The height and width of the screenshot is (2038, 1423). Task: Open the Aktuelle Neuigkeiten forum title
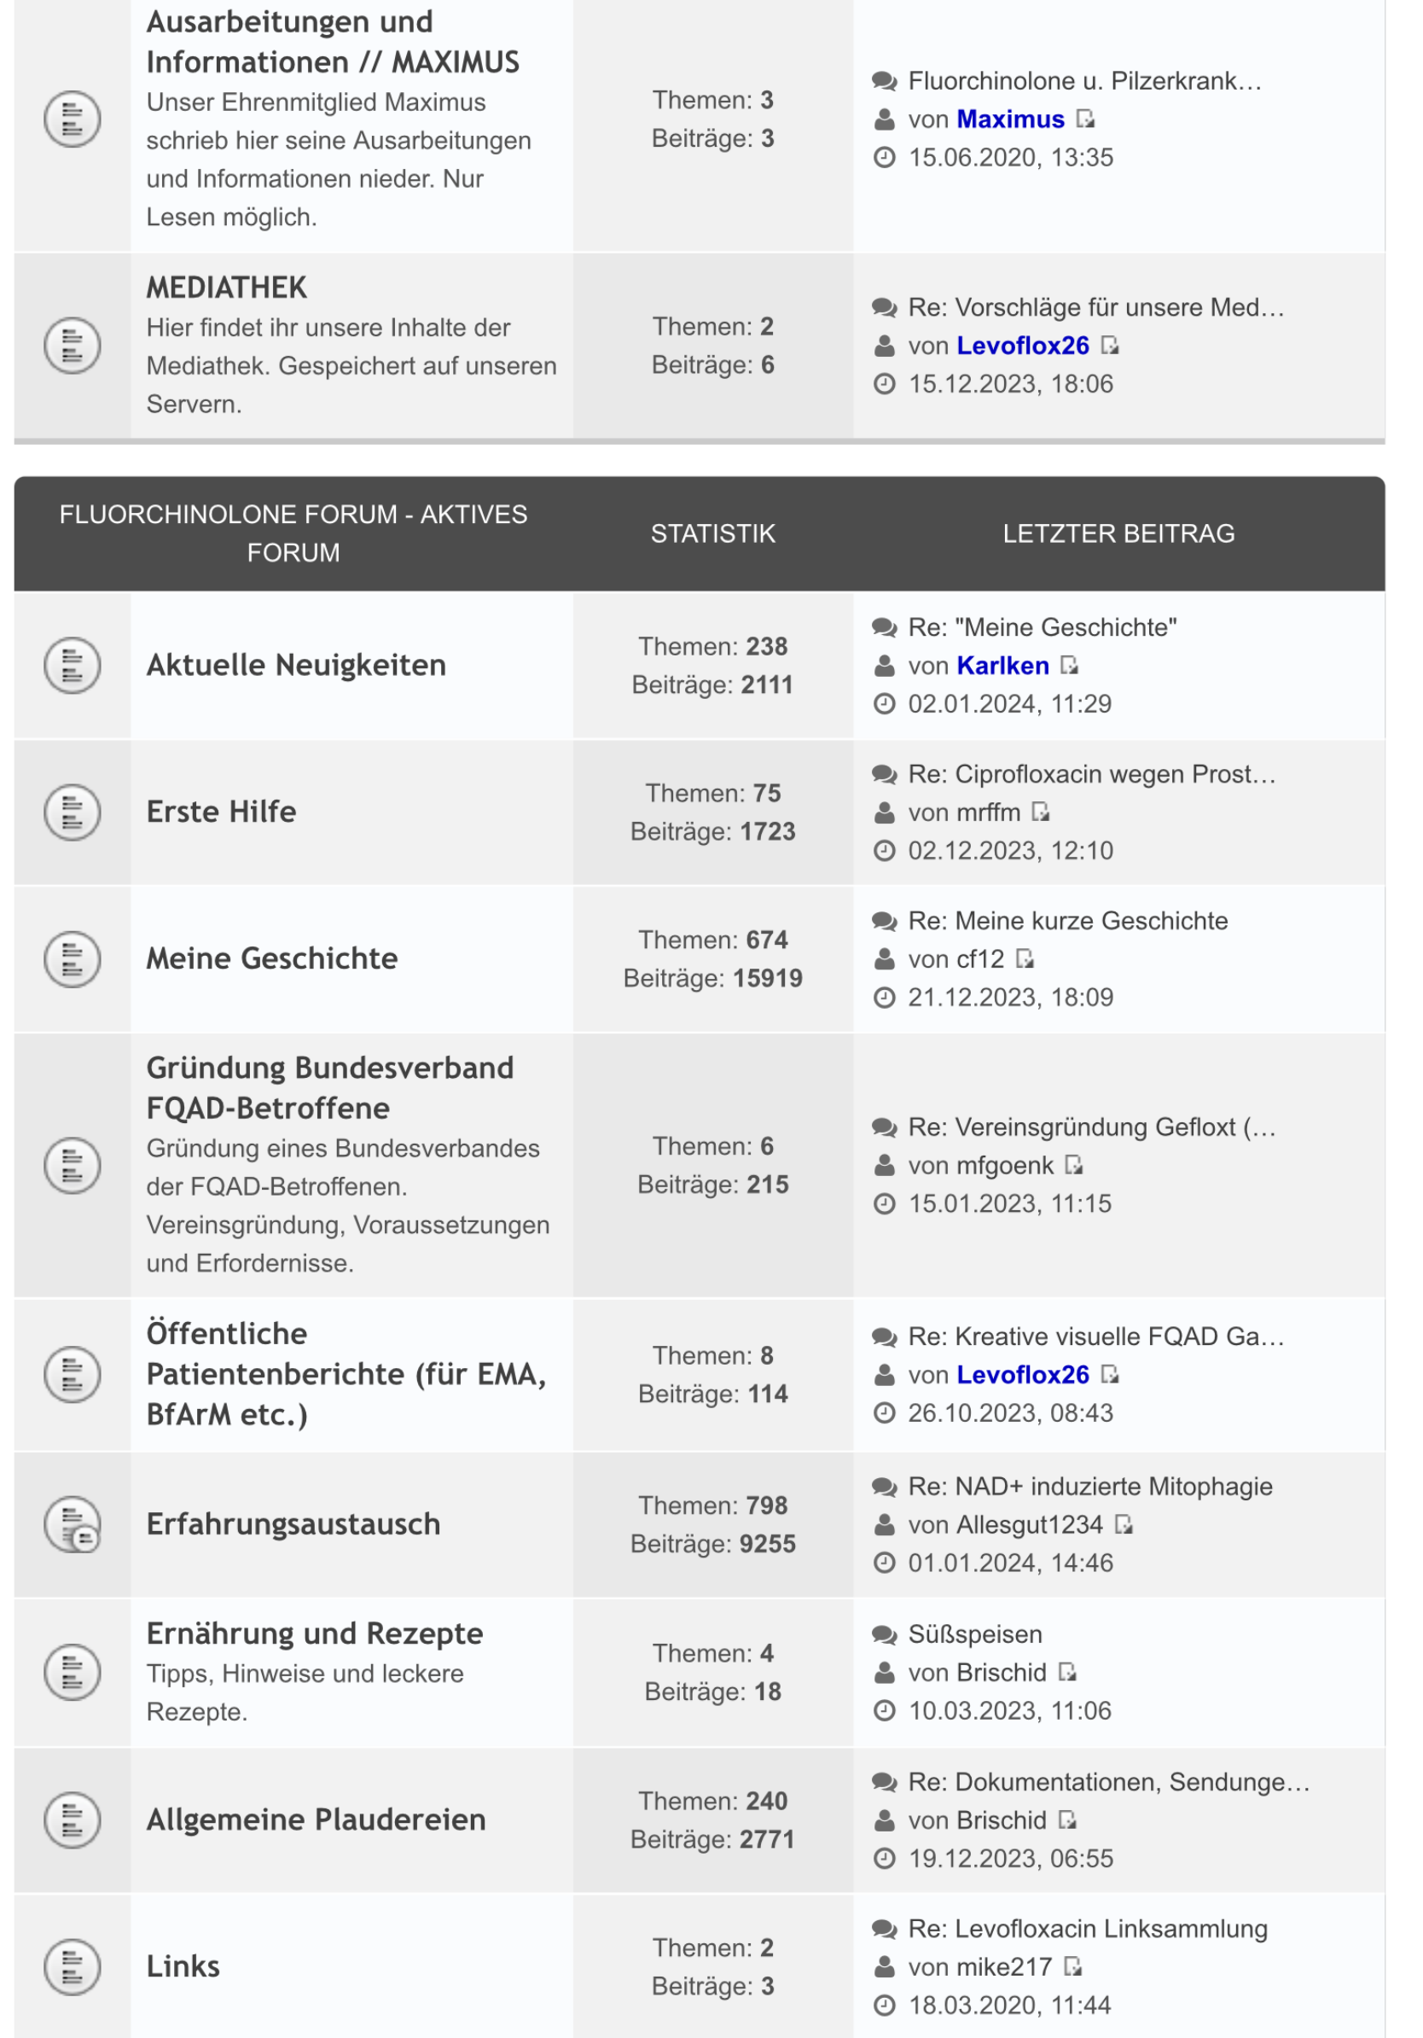[x=295, y=665]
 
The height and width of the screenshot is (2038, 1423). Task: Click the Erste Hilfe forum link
[x=221, y=812]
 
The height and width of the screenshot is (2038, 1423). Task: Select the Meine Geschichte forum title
[x=271, y=958]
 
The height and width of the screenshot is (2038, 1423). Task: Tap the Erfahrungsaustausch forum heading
[x=293, y=1523]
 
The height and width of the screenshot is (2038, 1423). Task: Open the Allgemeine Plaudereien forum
[x=316, y=1819]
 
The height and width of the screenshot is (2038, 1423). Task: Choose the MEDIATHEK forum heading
[x=226, y=288]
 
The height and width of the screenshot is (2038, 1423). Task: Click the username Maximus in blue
[x=1010, y=119]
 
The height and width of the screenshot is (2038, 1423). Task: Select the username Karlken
[x=1002, y=666]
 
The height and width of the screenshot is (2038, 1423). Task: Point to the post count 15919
[x=768, y=978]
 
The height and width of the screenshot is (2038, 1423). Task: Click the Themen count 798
[x=766, y=1505]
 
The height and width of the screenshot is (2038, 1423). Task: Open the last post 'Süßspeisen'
[x=975, y=1634]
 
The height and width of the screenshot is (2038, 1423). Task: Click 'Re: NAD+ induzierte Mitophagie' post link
[x=1089, y=1486]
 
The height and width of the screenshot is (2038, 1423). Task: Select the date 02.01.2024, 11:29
[x=1008, y=704]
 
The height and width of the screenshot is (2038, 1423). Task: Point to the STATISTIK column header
[x=712, y=533]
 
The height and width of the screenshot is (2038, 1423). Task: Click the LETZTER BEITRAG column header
[x=1118, y=533]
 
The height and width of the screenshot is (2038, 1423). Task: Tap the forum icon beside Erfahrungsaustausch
[x=72, y=1524]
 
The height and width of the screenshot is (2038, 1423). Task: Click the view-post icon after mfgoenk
[x=1073, y=1165]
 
